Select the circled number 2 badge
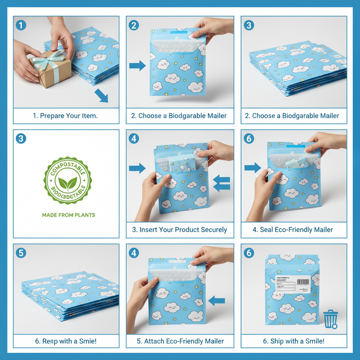134,25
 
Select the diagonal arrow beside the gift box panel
101,96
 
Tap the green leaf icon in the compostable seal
68,183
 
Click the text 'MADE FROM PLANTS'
68,215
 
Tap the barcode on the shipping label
303,282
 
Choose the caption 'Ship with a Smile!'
294,341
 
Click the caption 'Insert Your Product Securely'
180,230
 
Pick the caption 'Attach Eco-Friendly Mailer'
180,341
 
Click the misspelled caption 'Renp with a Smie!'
66,341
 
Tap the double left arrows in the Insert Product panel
222,184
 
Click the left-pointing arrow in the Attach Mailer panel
217,300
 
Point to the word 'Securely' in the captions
213,230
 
